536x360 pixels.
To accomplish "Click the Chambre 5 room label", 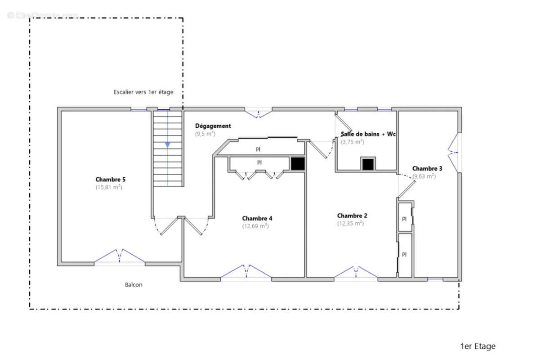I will tap(111, 179).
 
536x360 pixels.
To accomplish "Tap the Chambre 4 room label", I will tap(257, 218).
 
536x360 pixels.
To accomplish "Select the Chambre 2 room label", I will tap(352, 216).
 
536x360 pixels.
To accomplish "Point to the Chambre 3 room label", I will tap(427, 168).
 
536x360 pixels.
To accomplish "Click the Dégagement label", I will tap(213, 126).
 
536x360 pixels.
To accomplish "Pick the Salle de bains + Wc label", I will tap(368, 134).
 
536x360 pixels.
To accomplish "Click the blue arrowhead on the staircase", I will tap(167, 144).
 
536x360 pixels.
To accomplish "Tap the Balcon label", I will tap(134, 284).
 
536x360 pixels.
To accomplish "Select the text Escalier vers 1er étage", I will tap(143, 92).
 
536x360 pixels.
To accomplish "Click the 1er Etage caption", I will tap(478, 346).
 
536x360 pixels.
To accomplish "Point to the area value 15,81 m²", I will tap(109, 187).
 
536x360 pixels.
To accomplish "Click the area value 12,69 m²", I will tap(255, 226).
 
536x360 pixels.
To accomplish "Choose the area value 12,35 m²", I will tap(351, 223).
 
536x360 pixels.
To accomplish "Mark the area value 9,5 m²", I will tap(205, 134).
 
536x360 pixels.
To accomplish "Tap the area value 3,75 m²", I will tap(353, 142).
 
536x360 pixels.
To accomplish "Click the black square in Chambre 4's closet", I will tap(297, 163).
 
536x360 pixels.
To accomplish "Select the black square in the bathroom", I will tap(368, 164).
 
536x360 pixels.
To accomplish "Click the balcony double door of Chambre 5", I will tap(120, 256).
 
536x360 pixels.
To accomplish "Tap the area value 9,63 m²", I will tap(424, 176).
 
